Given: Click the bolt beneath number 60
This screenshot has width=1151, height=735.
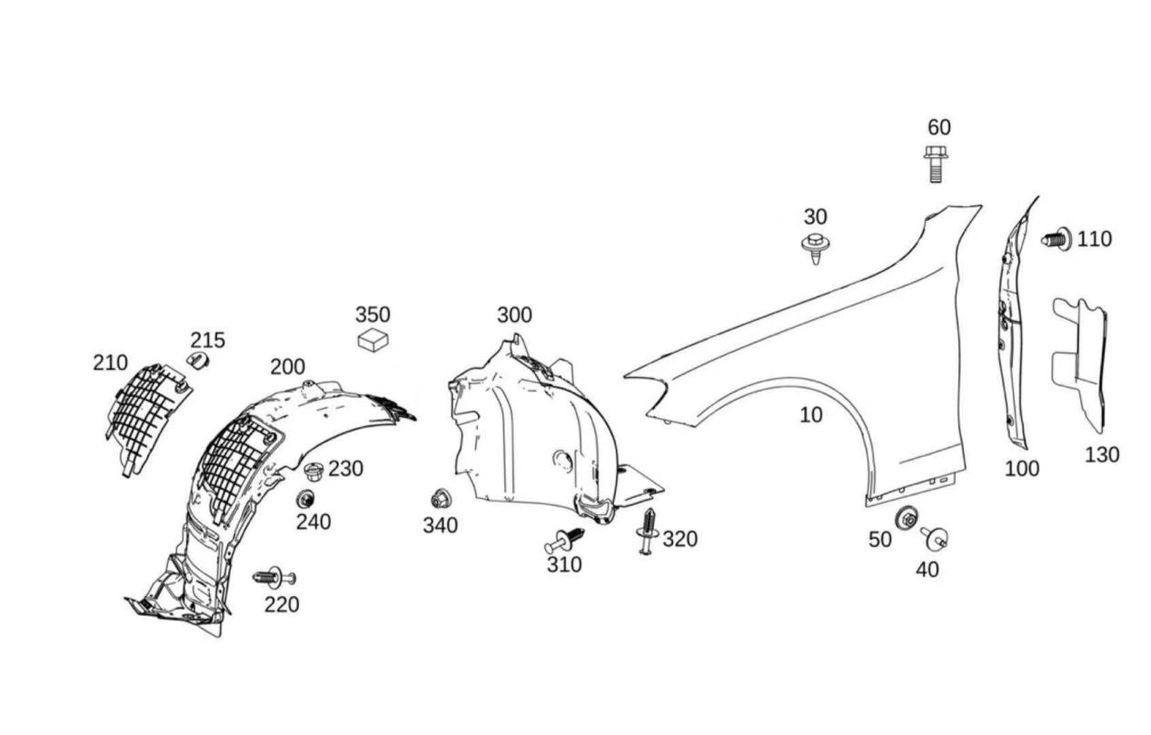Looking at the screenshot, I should (935, 164).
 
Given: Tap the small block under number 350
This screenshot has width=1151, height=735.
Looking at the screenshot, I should (372, 342).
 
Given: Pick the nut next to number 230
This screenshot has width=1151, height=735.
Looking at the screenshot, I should (314, 472).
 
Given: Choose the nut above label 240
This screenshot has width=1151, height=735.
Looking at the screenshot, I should (305, 499).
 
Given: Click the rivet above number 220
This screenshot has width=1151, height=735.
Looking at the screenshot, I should (273, 577).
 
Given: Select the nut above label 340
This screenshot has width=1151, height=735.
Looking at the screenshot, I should (441, 499).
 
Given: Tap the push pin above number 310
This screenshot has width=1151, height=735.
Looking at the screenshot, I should (564, 540).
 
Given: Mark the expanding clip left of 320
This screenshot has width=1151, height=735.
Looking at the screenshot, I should (647, 531).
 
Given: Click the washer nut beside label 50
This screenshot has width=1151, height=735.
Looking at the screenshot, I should (906, 519).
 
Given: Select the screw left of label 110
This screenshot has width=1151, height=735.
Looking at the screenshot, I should (1057, 240).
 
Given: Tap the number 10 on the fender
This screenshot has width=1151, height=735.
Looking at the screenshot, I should (810, 415).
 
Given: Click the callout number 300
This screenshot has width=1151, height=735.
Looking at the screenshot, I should (514, 315).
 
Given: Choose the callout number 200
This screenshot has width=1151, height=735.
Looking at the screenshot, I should (287, 367).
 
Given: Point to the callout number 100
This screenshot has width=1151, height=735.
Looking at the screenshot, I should (1021, 469).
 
